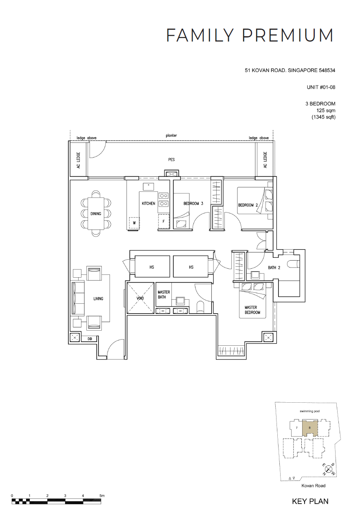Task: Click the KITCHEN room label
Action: click(148, 204)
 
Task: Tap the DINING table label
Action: click(96, 213)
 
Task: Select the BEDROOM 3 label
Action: click(193, 204)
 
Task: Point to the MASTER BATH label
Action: click(164, 294)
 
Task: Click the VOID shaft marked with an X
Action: click(140, 298)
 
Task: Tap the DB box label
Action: click(90, 339)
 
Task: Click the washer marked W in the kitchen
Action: click(134, 223)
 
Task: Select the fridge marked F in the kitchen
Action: click(164, 222)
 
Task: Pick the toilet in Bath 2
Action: click(293, 263)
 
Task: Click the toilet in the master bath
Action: click(200, 307)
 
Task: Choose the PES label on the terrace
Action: click(171, 160)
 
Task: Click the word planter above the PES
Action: click(171, 136)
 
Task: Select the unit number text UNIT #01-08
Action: click(321, 87)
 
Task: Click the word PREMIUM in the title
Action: click(288, 35)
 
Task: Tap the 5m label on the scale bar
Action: click(102, 496)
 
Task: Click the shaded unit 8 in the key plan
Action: click(310, 428)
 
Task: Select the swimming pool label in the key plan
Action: click(310, 411)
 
